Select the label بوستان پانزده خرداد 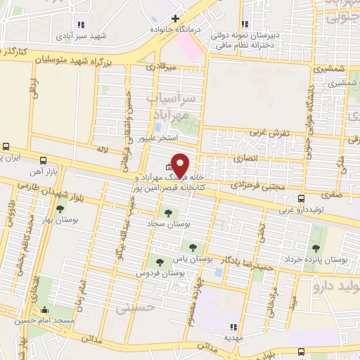(319, 260)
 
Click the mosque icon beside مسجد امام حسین (46, 310)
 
